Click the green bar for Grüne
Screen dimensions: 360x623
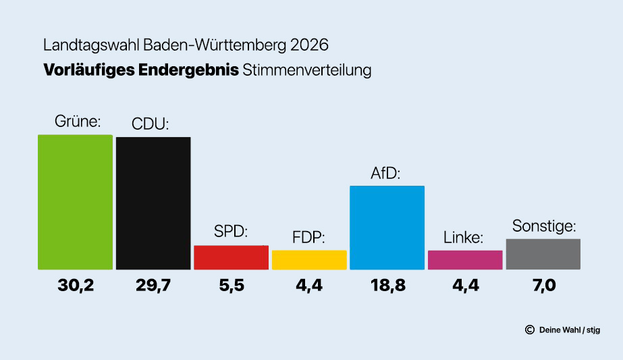(75, 202)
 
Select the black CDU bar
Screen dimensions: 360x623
(153, 203)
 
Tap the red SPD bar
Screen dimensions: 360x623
(231, 257)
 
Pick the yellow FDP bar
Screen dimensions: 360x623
(309, 260)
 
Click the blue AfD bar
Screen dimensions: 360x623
(387, 228)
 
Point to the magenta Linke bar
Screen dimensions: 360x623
(465, 260)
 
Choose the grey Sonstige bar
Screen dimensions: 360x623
(543, 254)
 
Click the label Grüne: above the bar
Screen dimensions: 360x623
(77, 122)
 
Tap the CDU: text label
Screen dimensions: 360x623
(150, 124)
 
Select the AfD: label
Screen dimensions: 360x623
(385, 173)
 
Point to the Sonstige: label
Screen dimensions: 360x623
(544, 226)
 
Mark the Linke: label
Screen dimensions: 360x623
(464, 238)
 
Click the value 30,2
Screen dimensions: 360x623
(75, 286)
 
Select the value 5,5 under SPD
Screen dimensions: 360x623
(231, 286)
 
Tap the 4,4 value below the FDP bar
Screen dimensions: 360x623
(309, 286)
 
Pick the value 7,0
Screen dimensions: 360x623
(543, 286)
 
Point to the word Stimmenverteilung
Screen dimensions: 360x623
(307, 70)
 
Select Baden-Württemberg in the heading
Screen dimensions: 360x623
(215, 45)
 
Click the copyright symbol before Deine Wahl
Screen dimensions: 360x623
(529, 330)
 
